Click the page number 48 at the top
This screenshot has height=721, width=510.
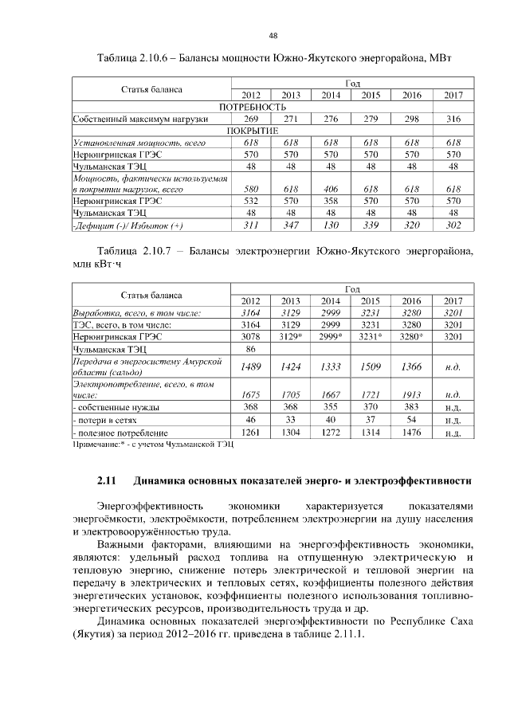pyautogui.click(x=273, y=36)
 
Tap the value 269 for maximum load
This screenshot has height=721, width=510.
pyautogui.click(x=251, y=119)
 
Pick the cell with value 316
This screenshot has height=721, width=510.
pyautogui.click(x=453, y=119)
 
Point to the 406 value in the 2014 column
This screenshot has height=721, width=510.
pyautogui.click(x=331, y=189)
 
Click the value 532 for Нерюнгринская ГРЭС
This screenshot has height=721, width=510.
pyautogui.click(x=251, y=202)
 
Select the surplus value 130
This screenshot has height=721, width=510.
pyautogui.click(x=331, y=225)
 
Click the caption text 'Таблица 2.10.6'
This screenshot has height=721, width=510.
pyautogui.click(x=132, y=59)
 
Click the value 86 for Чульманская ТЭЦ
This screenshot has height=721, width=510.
pyautogui.click(x=251, y=349)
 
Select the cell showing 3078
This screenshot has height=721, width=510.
pyautogui.click(x=251, y=337)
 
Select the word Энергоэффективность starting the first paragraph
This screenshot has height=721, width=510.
pyautogui.click(x=147, y=506)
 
